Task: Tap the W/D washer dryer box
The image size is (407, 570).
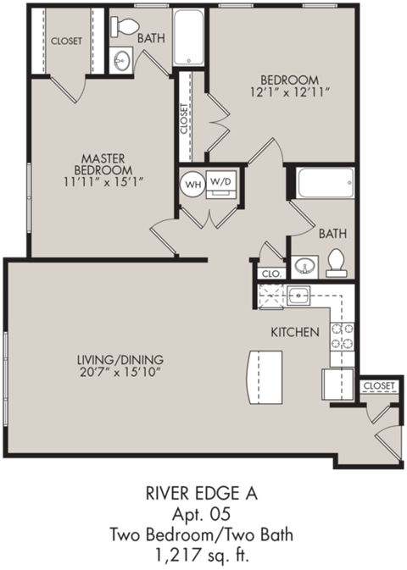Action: tap(220, 183)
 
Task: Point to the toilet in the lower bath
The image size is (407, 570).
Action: tap(337, 263)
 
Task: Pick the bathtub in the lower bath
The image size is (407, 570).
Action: tap(324, 183)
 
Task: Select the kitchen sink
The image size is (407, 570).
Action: tap(298, 296)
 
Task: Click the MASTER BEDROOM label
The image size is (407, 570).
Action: tap(103, 167)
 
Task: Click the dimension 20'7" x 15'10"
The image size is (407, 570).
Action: tap(119, 371)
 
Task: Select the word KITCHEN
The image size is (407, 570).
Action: tap(294, 331)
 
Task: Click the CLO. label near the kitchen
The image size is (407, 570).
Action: tap(271, 273)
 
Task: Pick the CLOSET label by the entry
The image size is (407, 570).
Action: tap(378, 386)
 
